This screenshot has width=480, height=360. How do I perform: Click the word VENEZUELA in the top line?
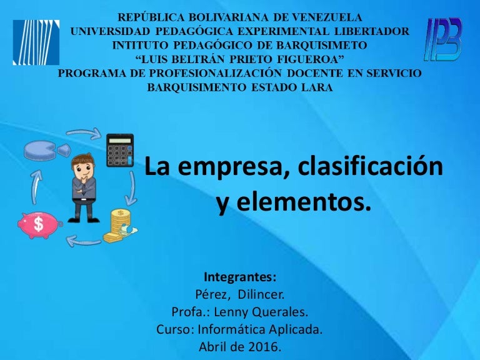(329, 17)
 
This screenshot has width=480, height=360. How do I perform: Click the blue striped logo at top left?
(36, 42)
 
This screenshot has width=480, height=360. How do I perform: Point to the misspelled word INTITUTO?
(137, 46)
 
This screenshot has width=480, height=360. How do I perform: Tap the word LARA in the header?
(317, 88)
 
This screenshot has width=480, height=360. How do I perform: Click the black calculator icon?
(119, 150)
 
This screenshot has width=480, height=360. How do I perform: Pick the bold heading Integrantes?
(240, 277)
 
